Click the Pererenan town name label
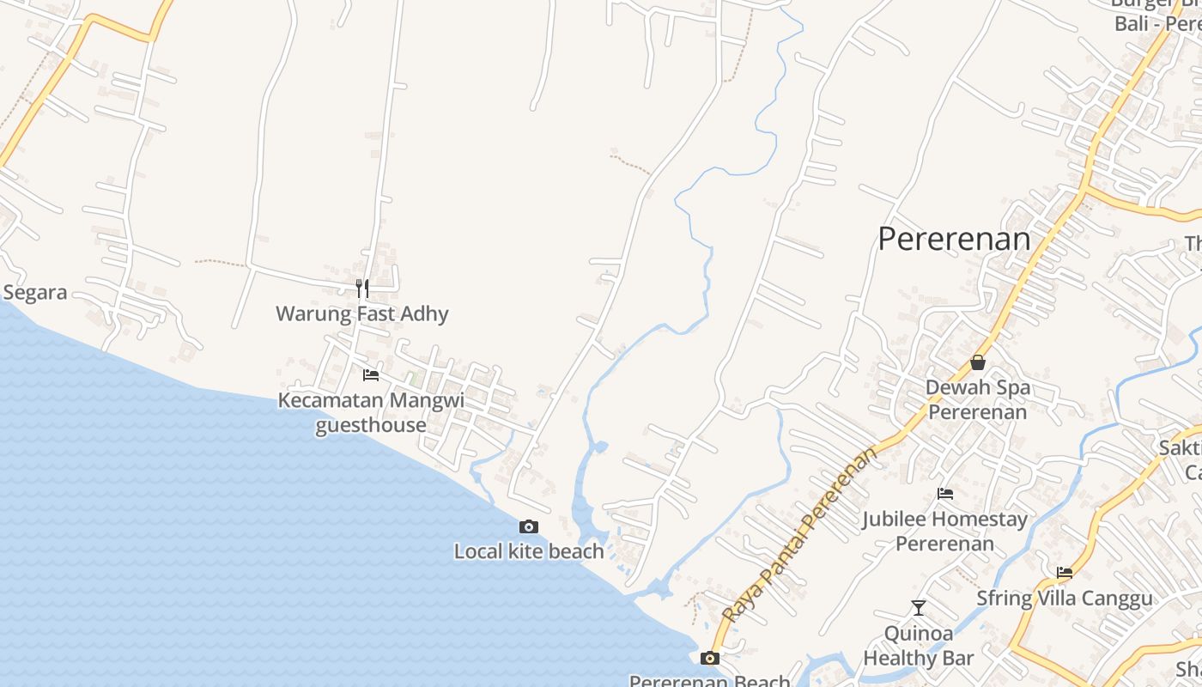point(954,239)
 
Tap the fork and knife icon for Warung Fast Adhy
point(362,288)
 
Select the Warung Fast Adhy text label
point(362,313)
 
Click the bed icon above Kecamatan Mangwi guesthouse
point(371,375)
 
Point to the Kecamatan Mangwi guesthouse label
point(371,412)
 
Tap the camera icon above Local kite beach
point(529,526)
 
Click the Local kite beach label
point(529,551)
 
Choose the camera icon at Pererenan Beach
point(710,659)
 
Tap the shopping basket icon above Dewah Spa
point(977,362)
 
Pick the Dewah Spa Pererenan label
point(978,399)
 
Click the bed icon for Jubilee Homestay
point(945,494)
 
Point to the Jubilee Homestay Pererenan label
point(945,531)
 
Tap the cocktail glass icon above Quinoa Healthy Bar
point(919,608)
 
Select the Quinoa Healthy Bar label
point(919,646)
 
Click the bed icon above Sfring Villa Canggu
point(1065,573)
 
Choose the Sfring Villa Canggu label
point(1065,599)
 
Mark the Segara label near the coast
point(35,293)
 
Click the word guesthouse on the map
point(371,425)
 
